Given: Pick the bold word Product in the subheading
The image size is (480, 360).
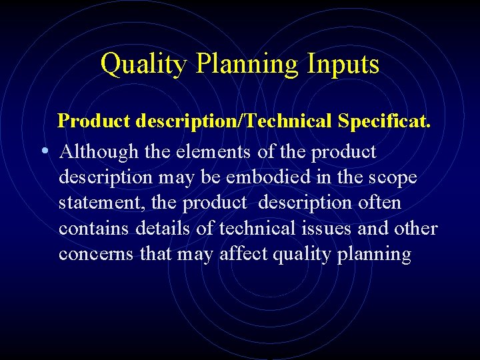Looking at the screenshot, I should [95, 121].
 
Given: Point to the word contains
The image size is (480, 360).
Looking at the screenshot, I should [95, 229].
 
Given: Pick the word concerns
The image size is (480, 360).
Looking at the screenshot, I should [95, 255].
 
